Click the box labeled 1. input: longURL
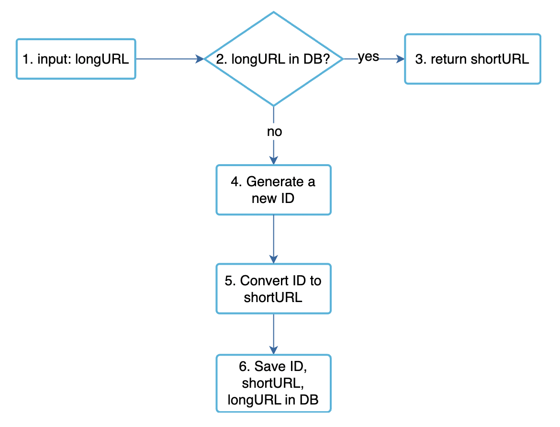tap(76, 59)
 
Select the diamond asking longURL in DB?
tap(273, 59)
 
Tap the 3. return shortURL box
tap(472, 59)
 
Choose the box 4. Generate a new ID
tap(273, 190)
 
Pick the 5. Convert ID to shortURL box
tap(273, 289)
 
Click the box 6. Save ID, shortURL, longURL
tap(273, 383)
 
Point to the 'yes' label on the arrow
tap(369, 57)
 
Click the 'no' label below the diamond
tap(274, 132)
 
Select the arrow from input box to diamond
tap(168, 59)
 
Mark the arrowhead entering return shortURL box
tap(401, 59)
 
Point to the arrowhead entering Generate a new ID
tap(273, 161)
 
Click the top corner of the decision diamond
tap(273, 13)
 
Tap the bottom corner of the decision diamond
tap(273, 105)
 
